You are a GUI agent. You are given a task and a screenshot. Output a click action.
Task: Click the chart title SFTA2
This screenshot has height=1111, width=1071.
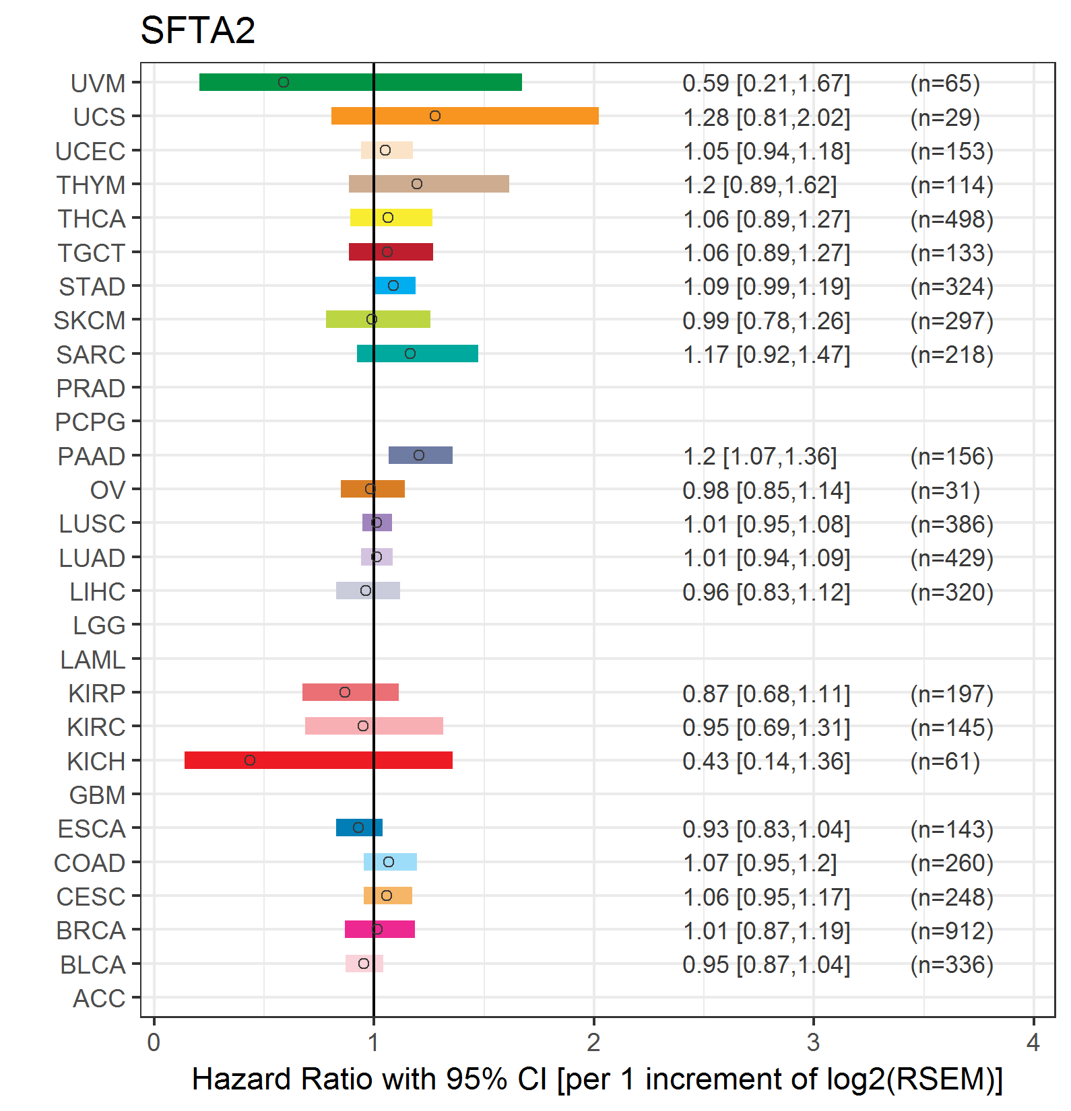pos(197,30)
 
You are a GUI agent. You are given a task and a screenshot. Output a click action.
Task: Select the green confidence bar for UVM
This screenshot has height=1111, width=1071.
pos(360,82)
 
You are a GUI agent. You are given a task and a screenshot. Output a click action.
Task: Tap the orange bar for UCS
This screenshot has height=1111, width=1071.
pos(465,116)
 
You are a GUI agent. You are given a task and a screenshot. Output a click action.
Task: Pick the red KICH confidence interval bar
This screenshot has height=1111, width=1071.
pos(319,760)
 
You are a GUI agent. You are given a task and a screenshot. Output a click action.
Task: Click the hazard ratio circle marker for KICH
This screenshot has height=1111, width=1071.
pos(250,760)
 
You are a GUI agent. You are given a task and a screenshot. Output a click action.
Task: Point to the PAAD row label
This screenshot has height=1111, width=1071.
pos(92,457)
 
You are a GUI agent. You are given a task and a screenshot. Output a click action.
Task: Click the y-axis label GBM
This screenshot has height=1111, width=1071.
pos(98,795)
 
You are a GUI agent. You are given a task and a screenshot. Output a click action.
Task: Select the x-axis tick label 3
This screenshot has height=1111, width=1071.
pos(813,1042)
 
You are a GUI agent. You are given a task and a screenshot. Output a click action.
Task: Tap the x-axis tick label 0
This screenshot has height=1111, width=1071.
pos(154,1042)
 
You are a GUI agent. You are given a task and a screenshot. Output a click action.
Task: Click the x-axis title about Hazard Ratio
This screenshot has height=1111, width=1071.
pos(597,1079)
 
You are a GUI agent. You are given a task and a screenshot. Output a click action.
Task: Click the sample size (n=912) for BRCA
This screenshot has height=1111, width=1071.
pos(952,931)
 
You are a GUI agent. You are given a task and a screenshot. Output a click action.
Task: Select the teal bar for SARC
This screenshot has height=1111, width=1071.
pos(418,353)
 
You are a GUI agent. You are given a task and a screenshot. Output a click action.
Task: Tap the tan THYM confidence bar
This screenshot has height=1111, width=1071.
pos(429,184)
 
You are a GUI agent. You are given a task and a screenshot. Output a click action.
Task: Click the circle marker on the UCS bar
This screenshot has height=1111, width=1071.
pos(435,116)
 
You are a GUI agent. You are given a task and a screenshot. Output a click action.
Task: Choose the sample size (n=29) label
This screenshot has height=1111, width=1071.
pos(945,117)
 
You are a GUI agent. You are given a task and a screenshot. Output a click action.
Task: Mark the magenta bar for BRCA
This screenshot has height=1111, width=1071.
pos(380,929)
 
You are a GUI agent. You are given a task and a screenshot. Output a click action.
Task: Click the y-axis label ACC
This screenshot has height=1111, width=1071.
pos(99,999)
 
